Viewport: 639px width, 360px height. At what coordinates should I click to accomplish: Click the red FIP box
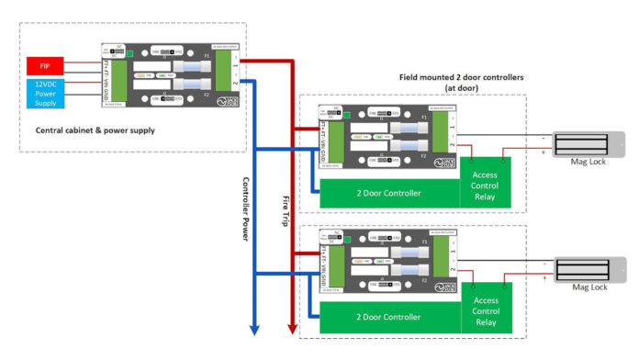[44, 66]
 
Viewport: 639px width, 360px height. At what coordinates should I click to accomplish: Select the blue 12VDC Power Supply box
[44, 93]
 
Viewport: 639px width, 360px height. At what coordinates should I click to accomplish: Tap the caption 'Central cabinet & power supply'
[95, 130]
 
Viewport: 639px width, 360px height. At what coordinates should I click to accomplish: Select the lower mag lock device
[587, 269]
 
